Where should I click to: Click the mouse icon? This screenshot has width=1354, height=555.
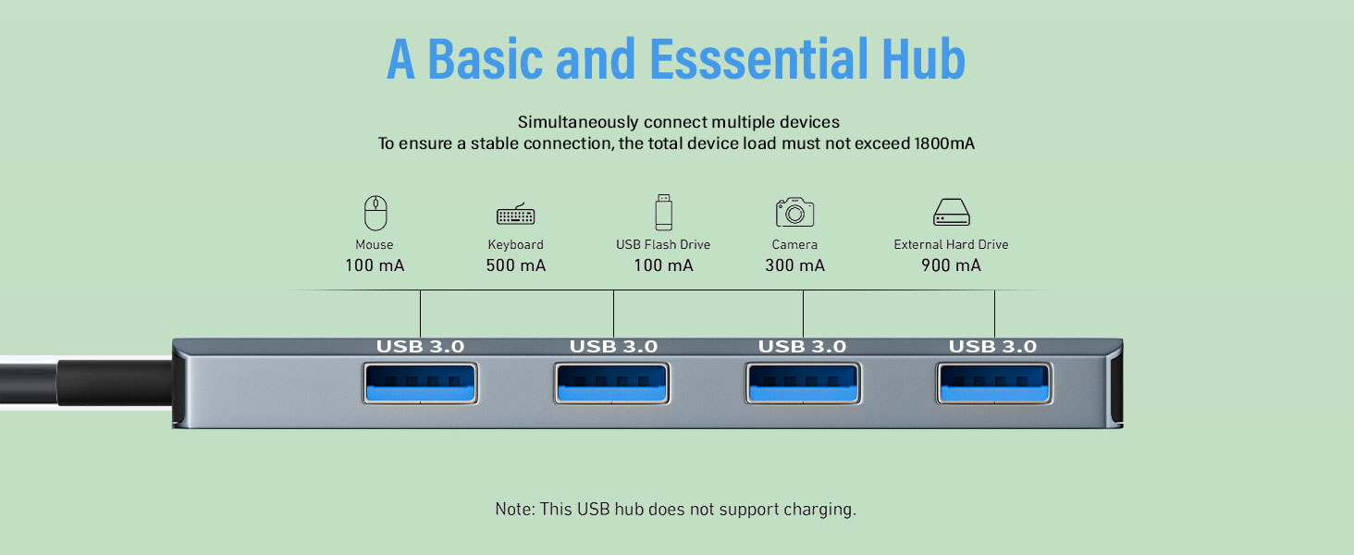pyautogui.click(x=375, y=213)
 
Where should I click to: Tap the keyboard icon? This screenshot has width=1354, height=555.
pyautogui.click(x=515, y=215)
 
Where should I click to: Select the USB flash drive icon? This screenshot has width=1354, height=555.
pyautogui.click(x=663, y=212)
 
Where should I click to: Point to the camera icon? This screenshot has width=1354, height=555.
pyautogui.click(x=794, y=212)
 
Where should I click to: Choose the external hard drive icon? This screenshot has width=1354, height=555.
pyautogui.click(x=951, y=213)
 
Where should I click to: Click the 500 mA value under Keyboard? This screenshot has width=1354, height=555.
pyautogui.click(x=515, y=266)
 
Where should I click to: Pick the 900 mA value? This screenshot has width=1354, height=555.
pyautogui.click(x=951, y=266)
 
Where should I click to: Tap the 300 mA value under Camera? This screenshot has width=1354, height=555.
pyautogui.click(x=794, y=266)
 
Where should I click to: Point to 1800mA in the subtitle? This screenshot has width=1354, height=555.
pyautogui.click(x=943, y=143)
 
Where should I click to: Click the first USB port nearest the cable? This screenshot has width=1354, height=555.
pyautogui.click(x=421, y=384)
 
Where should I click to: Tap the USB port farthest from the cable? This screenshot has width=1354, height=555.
pyautogui.click(x=994, y=384)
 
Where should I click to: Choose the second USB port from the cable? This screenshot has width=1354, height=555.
pyautogui.click(x=613, y=384)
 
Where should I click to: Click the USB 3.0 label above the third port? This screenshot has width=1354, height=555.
pyautogui.click(x=802, y=347)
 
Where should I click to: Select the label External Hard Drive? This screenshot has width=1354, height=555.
pyautogui.click(x=951, y=245)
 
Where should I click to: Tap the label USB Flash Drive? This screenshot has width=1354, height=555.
pyautogui.click(x=663, y=245)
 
